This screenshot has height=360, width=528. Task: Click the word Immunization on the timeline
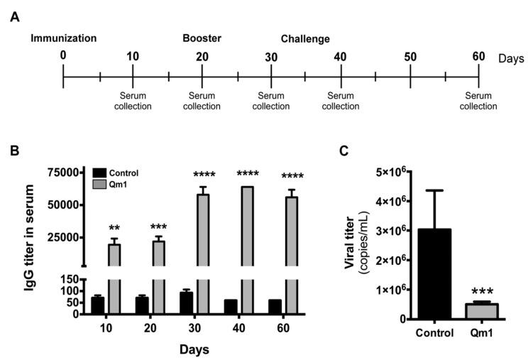[x=63, y=37]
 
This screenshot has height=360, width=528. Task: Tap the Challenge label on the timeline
[x=305, y=39]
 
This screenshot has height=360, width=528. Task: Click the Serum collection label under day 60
[x=478, y=101]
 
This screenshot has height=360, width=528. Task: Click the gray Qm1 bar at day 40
[x=248, y=249]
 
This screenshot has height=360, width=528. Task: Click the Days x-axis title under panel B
[x=194, y=349]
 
